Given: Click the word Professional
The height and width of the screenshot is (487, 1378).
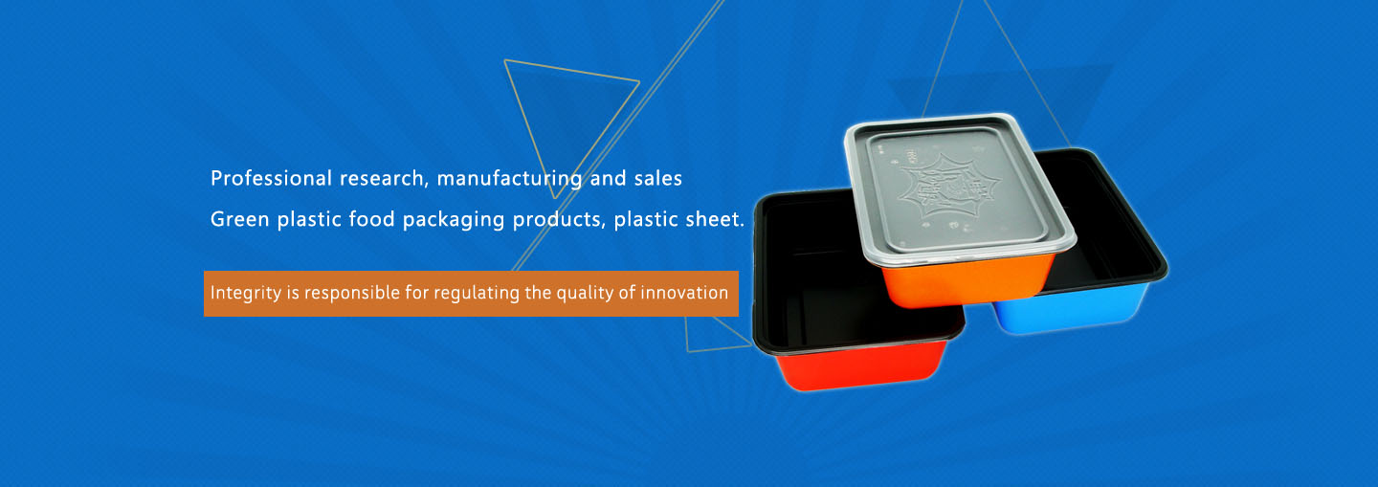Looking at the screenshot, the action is (x=272, y=178).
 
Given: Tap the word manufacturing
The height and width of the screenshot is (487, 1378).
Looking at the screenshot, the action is (x=509, y=179).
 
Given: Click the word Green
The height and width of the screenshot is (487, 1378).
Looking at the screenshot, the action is (x=240, y=219).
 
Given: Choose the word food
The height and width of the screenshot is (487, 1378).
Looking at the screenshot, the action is (x=371, y=219).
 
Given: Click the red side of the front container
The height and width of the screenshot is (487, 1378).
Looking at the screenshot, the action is (x=861, y=365).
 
